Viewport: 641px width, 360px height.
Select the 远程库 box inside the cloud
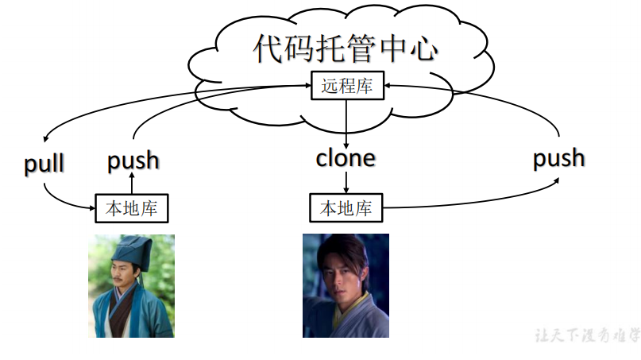[x=346, y=86]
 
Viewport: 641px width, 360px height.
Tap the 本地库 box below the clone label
[x=346, y=209]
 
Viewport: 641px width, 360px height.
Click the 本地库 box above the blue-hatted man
[x=132, y=209]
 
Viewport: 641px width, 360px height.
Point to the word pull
[x=44, y=165]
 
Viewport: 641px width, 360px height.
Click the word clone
[x=346, y=157]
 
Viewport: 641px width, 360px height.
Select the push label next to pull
[x=133, y=161]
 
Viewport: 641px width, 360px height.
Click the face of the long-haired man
[x=340, y=269]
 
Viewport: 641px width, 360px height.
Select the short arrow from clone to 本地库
[x=346, y=182]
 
